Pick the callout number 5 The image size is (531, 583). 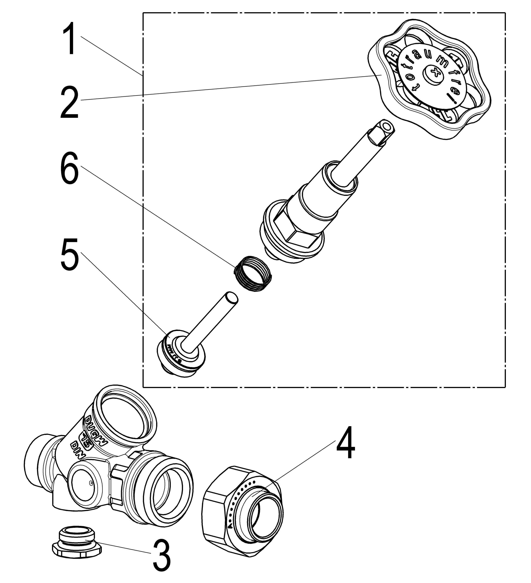pyautogui.click(x=70, y=254)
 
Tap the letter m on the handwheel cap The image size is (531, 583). pyautogui.click(x=442, y=60)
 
